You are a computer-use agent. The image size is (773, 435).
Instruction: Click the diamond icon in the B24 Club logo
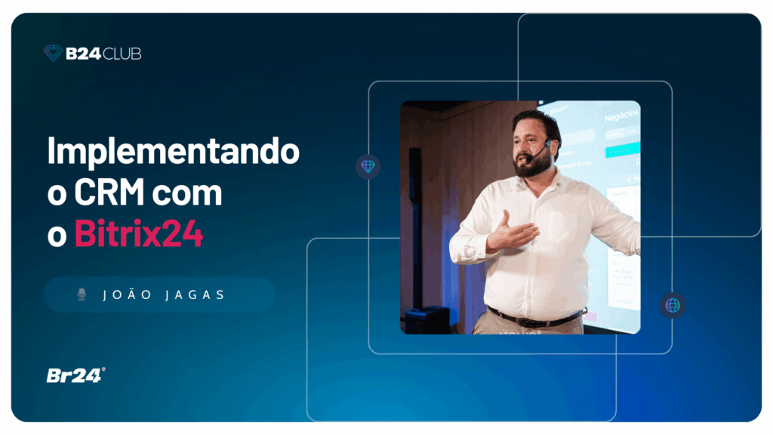click(53, 53)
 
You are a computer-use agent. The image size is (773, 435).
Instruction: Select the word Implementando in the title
click(173, 152)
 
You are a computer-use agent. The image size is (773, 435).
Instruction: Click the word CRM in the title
click(110, 194)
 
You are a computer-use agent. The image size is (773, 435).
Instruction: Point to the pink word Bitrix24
click(138, 234)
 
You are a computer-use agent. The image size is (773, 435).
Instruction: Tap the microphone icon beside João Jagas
click(82, 295)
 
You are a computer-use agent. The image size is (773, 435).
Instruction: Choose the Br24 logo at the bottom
click(75, 375)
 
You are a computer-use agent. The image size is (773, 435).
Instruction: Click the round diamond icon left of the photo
click(368, 166)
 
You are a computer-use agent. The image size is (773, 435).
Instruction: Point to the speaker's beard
click(532, 165)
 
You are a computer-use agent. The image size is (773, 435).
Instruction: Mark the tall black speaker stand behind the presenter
click(415, 227)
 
